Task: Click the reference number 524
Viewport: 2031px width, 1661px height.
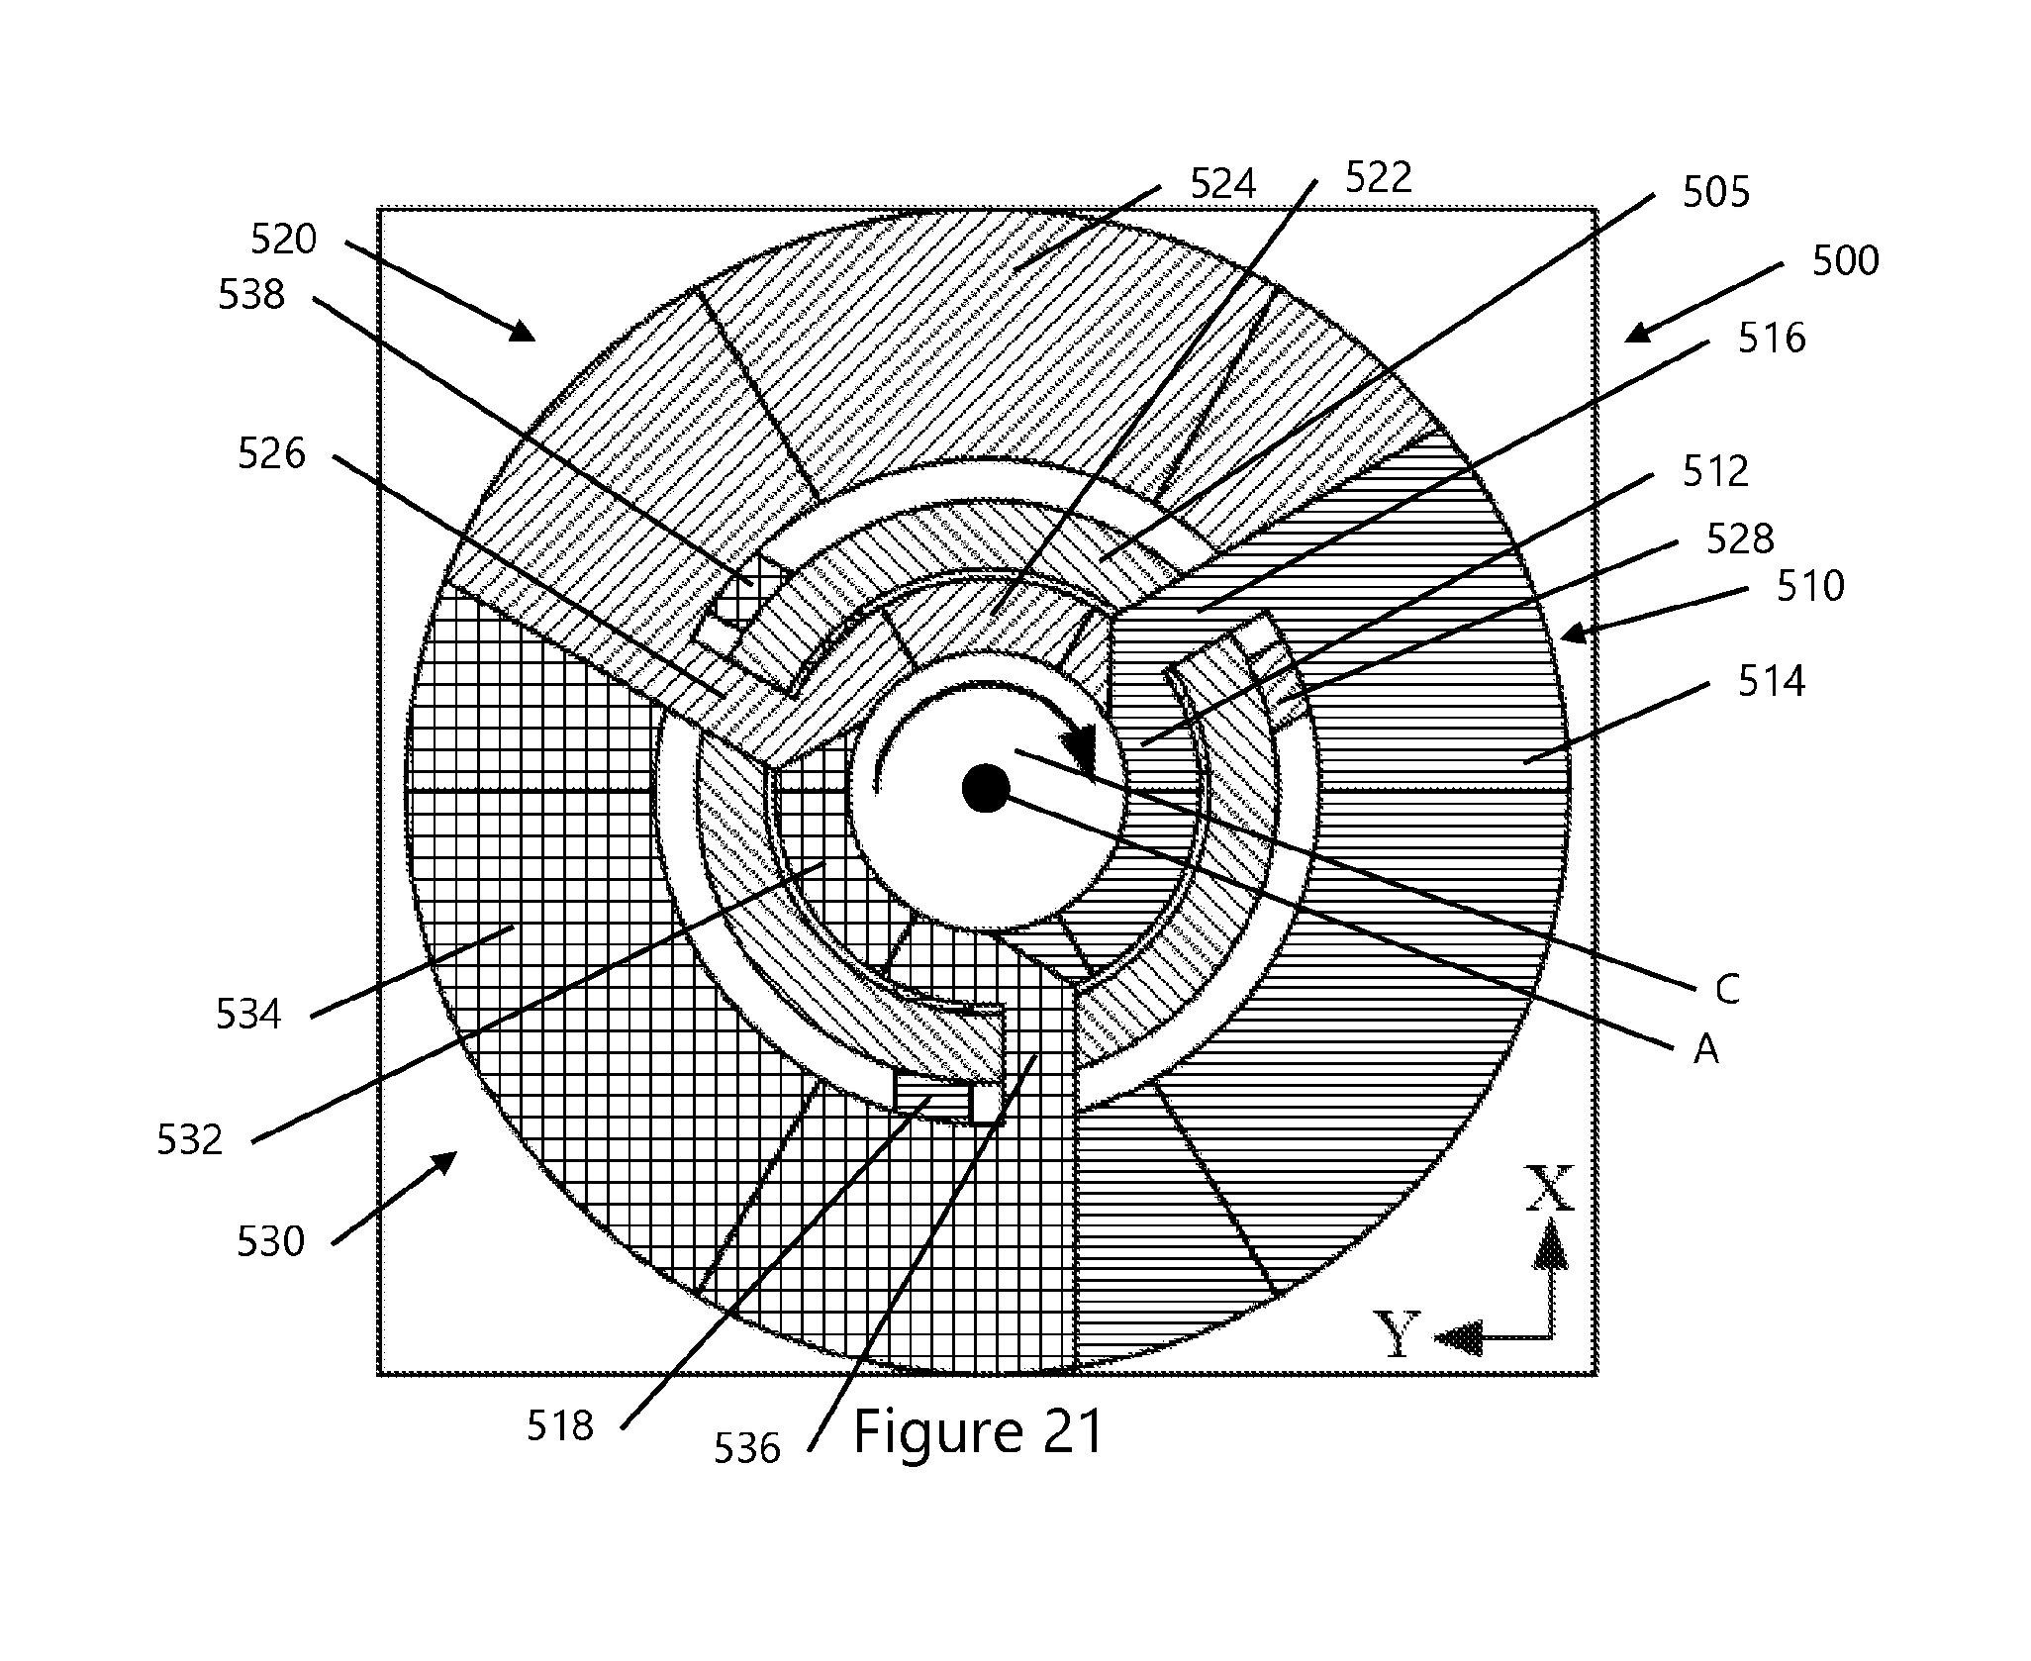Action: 1222,184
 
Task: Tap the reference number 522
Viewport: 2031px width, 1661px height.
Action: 1379,177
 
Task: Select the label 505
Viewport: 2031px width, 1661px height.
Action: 1716,192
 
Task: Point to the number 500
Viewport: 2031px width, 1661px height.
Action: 1846,261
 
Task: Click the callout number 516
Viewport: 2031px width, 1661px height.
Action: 1773,339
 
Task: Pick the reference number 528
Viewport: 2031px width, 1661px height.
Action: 1740,538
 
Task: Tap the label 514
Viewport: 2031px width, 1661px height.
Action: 1772,681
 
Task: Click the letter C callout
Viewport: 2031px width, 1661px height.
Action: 1727,990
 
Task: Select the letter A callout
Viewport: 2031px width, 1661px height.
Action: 1705,1050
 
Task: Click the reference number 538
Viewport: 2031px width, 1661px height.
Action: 251,295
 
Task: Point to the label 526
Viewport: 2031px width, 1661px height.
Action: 272,454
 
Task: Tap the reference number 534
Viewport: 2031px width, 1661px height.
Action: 249,1015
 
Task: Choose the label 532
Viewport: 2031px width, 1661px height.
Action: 190,1140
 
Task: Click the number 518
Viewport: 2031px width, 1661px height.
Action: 559,1426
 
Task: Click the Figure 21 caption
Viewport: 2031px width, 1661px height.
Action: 978,1431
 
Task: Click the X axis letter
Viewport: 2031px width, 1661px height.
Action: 1550,1189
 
